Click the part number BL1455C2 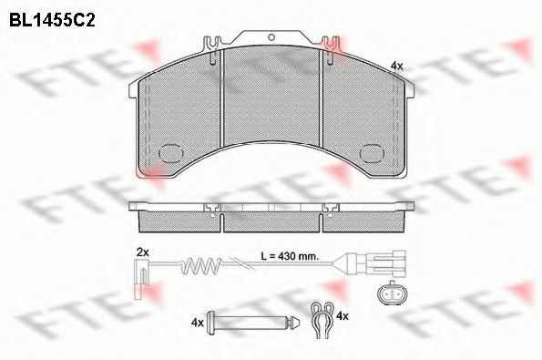[x=53, y=16]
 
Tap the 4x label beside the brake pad [x=395, y=66]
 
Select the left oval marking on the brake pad [x=170, y=155]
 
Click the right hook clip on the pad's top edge [x=329, y=43]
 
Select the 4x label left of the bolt [x=197, y=321]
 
